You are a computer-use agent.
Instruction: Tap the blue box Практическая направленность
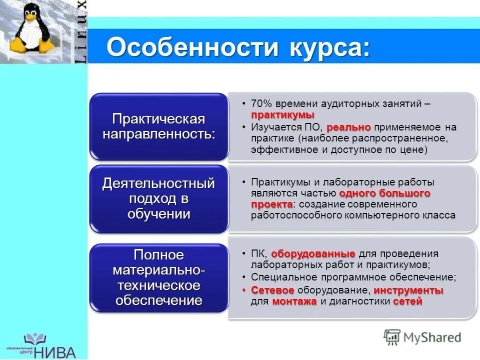tap(159, 126)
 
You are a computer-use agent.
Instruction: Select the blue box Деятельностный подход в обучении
tap(159, 198)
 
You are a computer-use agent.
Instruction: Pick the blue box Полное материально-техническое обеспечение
tap(159, 277)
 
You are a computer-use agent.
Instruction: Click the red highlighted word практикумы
tap(283, 115)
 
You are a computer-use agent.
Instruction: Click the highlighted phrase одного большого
tap(384, 193)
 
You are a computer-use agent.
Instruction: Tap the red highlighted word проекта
tap(272, 204)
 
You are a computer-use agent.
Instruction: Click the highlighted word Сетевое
tap(272, 290)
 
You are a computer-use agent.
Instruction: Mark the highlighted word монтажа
tap(294, 301)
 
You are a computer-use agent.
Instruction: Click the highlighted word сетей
tap(407, 301)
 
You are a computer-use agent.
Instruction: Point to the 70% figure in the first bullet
tap(260, 103)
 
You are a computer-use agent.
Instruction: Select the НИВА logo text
tap(55, 351)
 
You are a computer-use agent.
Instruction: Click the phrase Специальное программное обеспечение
tap(353, 276)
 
